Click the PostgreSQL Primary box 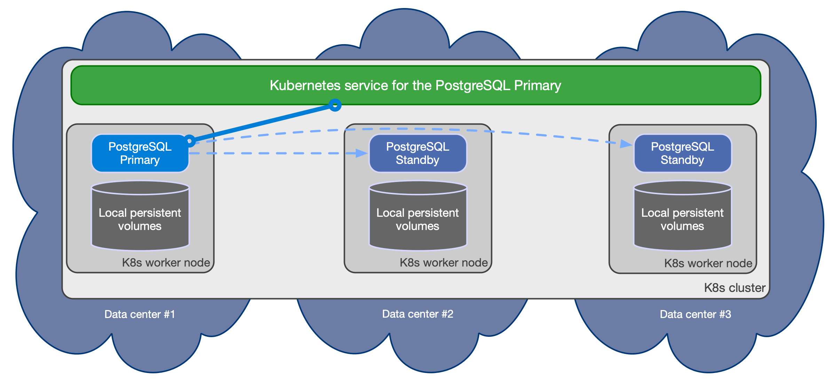tap(140, 153)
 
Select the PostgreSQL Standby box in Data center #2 tap(418, 153)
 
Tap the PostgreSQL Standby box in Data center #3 tap(683, 153)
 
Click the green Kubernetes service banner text tap(415, 86)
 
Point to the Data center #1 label tap(140, 315)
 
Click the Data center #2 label tap(418, 314)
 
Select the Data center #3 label tap(695, 315)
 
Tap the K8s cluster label tap(735, 288)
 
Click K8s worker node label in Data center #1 tap(166, 263)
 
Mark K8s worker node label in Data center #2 tap(444, 263)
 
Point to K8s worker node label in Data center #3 tap(708, 263)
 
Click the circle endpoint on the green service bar tap(335, 105)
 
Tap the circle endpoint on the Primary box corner tap(189, 141)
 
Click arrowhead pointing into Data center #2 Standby tap(362, 153)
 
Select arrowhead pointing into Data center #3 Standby tap(626, 144)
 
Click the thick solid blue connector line tap(261, 123)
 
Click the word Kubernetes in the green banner tap(305, 86)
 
